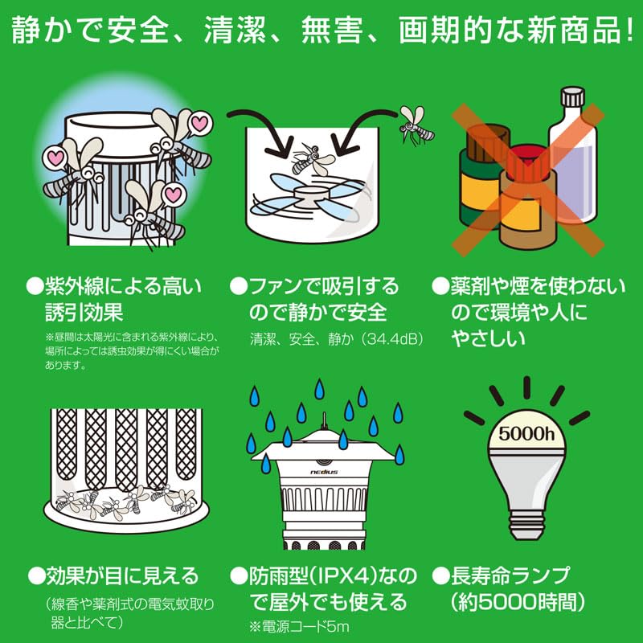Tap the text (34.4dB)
point(387,338)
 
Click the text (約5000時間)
point(518,600)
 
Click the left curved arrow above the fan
point(257,129)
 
